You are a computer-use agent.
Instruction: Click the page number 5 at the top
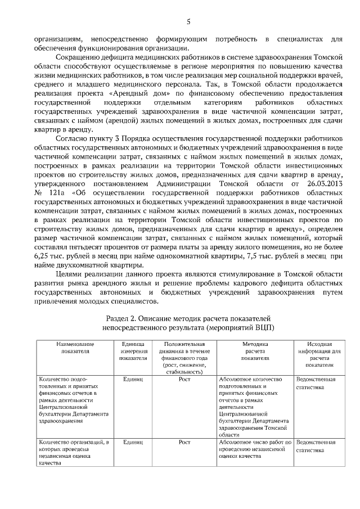[x=188, y=22]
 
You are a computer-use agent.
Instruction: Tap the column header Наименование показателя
[x=75, y=346]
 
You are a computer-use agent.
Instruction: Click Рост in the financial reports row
[x=184, y=379]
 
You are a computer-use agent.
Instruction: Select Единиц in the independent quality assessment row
[x=133, y=442]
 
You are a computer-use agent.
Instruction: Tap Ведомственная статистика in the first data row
[x=316, y=383]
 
